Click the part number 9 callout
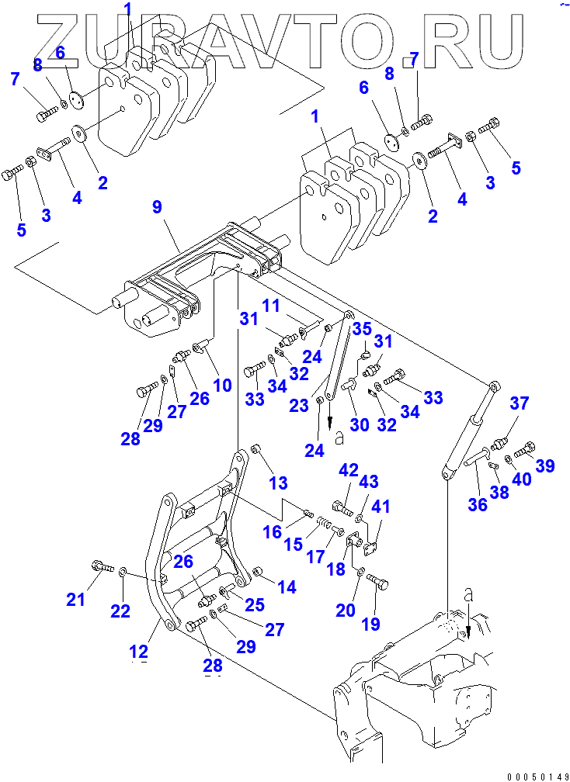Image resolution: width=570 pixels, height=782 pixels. (157, 207)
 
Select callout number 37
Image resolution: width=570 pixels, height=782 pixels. (519, 403)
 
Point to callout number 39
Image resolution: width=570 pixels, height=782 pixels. (546, 465)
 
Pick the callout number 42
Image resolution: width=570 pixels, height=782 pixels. (349, 469)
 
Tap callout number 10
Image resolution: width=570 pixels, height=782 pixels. (222, 384)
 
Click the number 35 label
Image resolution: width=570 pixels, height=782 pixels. (363, 329)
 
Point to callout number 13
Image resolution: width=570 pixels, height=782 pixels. (277, 484)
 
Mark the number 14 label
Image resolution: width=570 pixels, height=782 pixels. (287, 587)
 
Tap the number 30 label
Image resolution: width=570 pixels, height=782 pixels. (359, 424)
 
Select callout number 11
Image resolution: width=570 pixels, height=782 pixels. (269, 306)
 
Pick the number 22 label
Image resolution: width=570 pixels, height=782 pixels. (120, 611)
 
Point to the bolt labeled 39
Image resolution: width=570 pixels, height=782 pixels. (526, 448)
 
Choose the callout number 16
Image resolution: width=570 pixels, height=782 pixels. (273, 532)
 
